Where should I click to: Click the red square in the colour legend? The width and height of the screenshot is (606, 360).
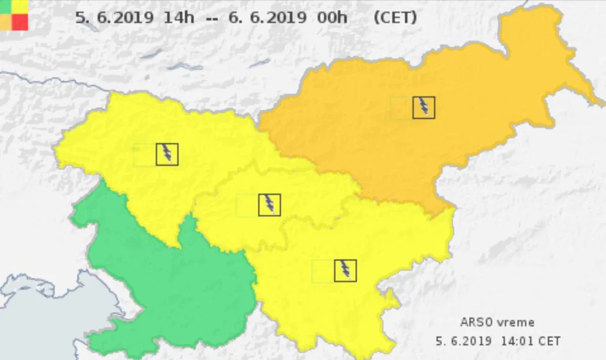20,22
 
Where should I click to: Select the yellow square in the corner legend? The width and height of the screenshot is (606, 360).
20,6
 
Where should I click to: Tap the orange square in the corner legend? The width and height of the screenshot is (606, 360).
6,22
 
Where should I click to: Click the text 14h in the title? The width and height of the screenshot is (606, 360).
179,18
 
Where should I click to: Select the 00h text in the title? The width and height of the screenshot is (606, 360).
332,18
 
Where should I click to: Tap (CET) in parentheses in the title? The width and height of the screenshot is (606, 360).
395,18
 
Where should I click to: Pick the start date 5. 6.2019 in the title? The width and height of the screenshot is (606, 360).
114,18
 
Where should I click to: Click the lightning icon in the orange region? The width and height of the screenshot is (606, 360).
423,107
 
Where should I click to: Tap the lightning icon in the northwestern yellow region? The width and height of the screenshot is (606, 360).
167,154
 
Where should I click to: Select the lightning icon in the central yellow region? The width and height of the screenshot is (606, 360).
269,205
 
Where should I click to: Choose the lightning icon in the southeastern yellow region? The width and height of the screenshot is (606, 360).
345,271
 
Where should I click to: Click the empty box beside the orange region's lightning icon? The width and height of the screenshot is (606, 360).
402,108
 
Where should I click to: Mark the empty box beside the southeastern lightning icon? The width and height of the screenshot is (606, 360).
323,271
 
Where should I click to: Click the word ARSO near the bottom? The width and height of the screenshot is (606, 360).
474,322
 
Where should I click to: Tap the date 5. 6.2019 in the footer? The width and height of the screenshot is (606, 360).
463,341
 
